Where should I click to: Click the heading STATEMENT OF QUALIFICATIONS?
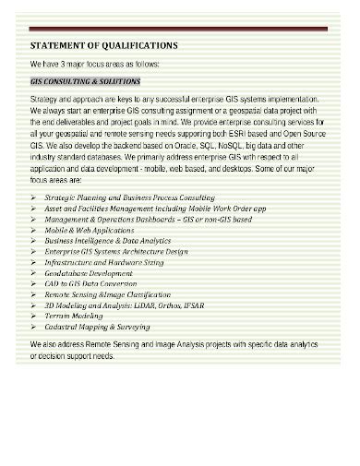(104, 44)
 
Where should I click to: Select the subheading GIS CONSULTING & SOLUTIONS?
(78, 81)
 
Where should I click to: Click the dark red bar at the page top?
(179, 29)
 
